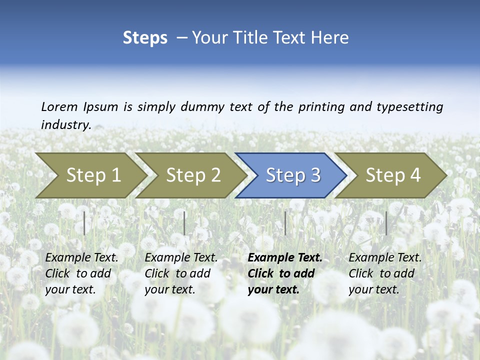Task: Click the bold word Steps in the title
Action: pyautogui.click(x=145, y=38)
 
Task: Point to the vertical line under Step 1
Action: pyautogui.click(x=84, y=223)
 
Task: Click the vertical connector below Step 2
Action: pyautogui.click(x=184, y=223)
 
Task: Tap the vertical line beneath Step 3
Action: pyautogui.click(x=285, y=223)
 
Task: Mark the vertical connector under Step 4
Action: pyautogui.click(x=386, y=223)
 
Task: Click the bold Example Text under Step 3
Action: pyautogui.click(x=285, y=258)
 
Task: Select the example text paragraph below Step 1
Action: pyautogui.click(x=81, y=273)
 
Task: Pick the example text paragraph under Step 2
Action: pyautogui.click(x=181, y=273)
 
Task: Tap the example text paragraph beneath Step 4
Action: pyautogui.click(x=385, y=273)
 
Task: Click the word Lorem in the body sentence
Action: pyautogui.click(x=59, y=106)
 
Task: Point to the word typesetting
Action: pyautogui.click(x=409, y=107)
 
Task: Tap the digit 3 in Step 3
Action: pyautogui.click(x=315, y=175)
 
